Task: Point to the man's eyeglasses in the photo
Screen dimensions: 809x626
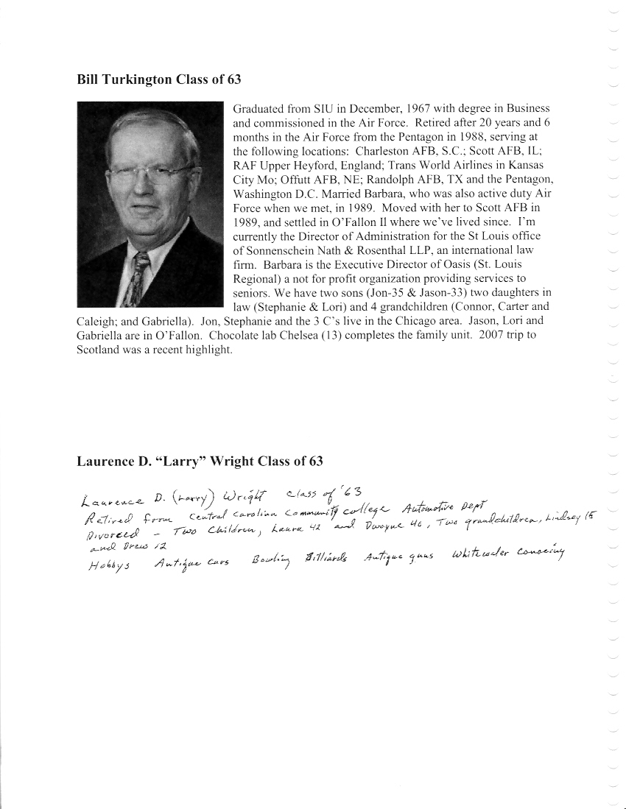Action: coord(147,174)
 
